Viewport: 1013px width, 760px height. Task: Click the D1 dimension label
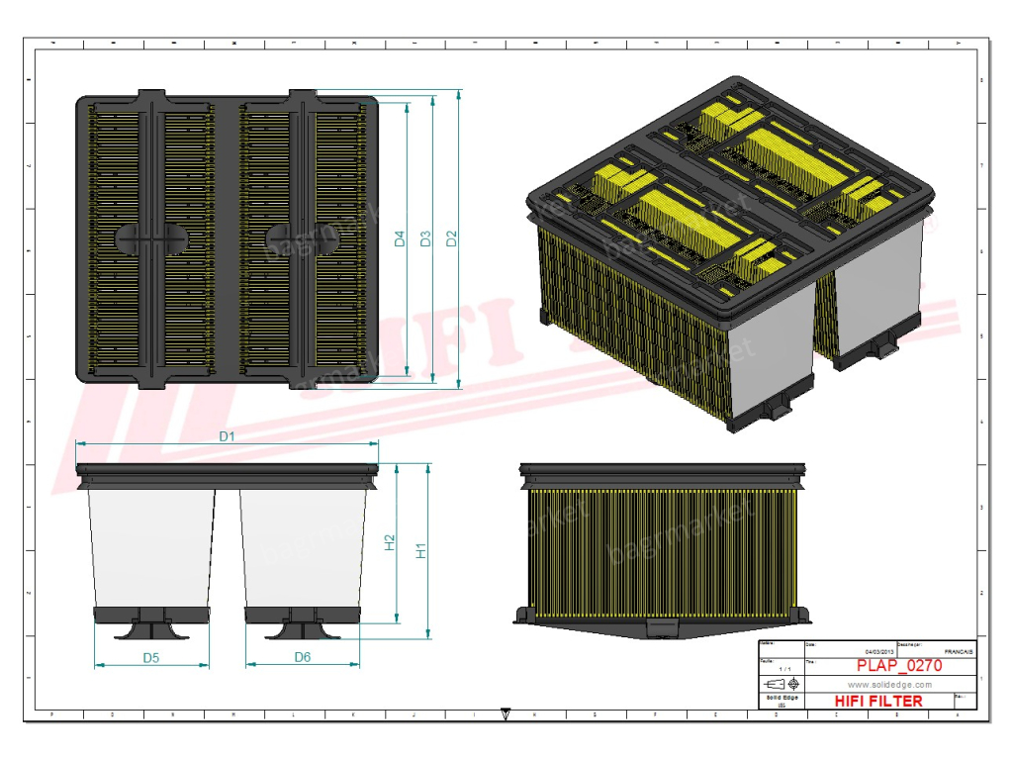click(x=226, y=435)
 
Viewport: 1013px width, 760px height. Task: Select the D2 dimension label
click(x=451, y=238)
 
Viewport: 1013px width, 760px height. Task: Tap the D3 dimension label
click(x=425, y=238)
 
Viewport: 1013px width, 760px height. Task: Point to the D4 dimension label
click(x=400, y=238)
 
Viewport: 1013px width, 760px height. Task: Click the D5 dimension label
click(x=151, y=657)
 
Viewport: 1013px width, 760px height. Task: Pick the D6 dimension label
click(x=303, y=657)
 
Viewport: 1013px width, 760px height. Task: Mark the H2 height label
click(x=390, y=542)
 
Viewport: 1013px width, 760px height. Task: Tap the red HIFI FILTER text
click(x=878, y=701)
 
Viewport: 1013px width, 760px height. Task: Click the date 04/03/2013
click(x=878, y=651)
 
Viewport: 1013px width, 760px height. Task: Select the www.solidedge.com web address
click(x=889, y=684)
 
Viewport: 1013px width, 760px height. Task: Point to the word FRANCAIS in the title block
click(x=958, y=652)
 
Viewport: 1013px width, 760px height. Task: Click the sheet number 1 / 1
click(x=784, y=670)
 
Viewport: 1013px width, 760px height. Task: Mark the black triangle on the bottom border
click(x=506, y=712)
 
